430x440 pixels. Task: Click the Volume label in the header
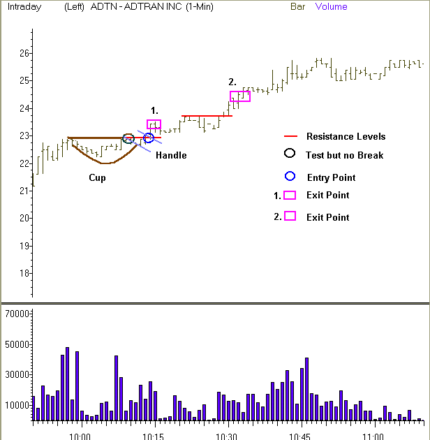(331, 7)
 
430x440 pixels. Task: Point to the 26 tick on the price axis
(24, 53)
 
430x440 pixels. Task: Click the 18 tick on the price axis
(24, 273)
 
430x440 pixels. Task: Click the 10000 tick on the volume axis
(16, 405)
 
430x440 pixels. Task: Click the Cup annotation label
(98, 177)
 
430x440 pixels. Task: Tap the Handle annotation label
(171, 155)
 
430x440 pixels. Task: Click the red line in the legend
(290, 137)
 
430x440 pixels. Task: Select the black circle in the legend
(290, 154)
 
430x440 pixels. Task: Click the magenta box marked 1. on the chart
(154, 124)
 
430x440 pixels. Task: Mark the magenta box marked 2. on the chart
(239, 96)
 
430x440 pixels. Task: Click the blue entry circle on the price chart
(148, 138)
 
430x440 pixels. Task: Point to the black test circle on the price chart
(128, 138)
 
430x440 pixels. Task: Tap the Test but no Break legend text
(344, 154)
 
